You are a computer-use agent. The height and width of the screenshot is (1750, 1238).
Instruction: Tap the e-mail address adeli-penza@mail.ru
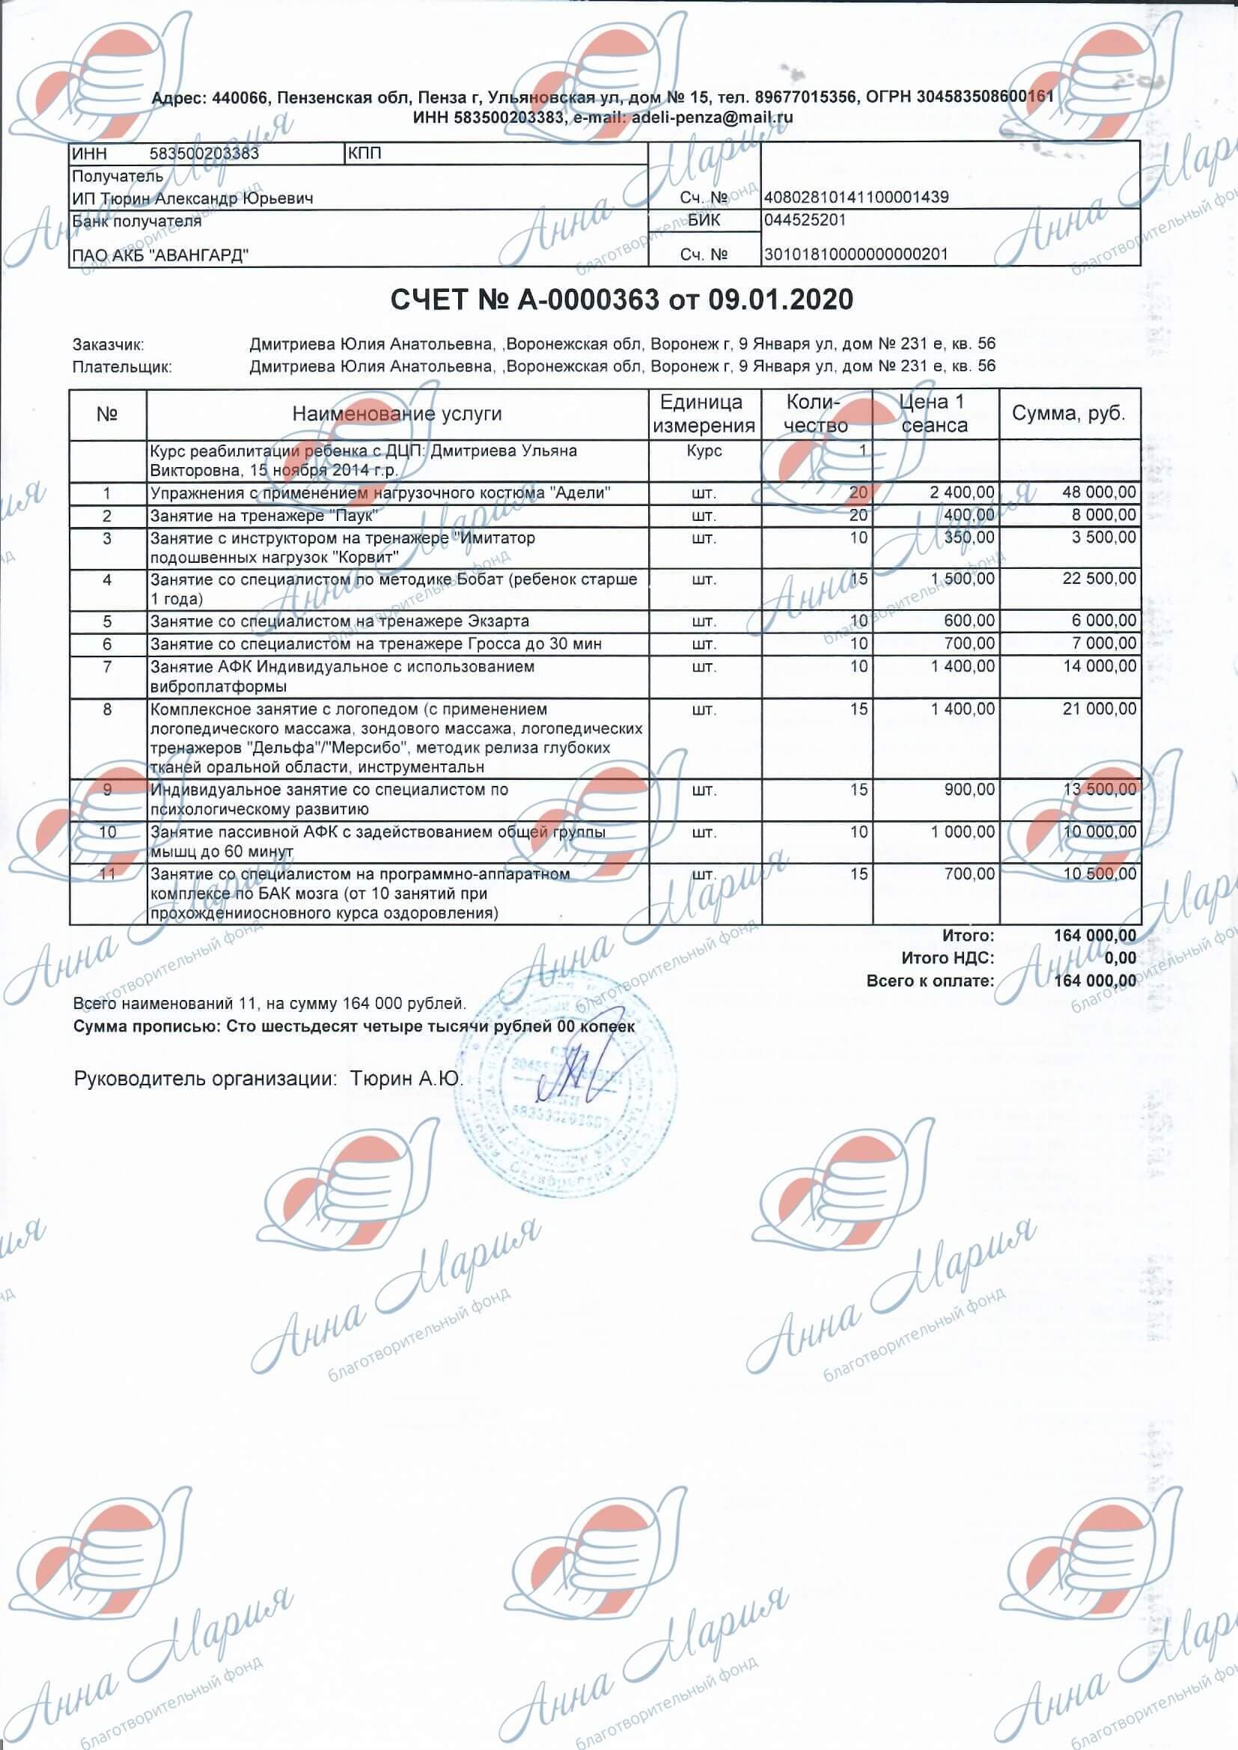tap(710, 118)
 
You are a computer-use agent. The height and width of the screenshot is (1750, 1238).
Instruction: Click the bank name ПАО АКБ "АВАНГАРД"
tap(160, 255)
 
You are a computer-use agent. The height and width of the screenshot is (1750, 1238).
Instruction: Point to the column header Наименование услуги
tap(397, 414)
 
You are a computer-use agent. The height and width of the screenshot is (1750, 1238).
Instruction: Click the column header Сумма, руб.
tap(1068, 414)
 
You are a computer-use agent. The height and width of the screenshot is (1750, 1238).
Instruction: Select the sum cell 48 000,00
tap(1099, 493)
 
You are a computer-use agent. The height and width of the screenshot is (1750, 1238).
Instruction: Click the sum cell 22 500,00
tap(1099, 579)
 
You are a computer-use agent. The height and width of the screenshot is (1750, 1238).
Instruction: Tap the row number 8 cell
tap(108, 710)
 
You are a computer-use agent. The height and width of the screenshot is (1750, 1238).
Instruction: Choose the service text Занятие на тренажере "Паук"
tap(263, 516)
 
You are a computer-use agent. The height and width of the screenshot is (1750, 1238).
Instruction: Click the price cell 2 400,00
tap(962, 493)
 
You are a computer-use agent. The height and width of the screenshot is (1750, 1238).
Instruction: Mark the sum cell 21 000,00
tap(1099, 710)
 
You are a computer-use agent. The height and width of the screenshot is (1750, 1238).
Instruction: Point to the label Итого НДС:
tap(948, 958)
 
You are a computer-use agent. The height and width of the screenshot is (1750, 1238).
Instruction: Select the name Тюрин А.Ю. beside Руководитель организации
tap(406, 1079)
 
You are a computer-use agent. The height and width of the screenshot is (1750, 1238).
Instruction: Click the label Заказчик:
tap(109, 344)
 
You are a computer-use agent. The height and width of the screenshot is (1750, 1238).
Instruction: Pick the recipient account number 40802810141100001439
tap(856, 198)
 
